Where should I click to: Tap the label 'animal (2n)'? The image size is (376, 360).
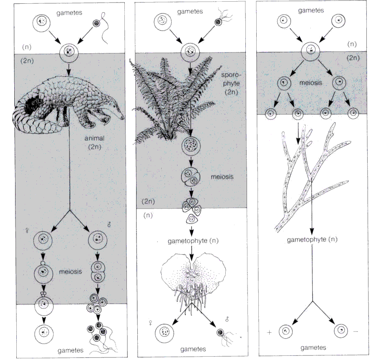[x=95, y=142]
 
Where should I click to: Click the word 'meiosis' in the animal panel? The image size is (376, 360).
[x=70, y=272]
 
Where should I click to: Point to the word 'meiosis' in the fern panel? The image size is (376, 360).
[x=222, y=177]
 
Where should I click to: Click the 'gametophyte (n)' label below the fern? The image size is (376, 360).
[x=193, y=241]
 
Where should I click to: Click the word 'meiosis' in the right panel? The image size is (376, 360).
[x=311, y=83]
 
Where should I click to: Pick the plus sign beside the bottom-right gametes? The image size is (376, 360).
[x=269, y=332]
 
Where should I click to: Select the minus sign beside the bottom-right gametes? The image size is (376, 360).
[x=355, y=332]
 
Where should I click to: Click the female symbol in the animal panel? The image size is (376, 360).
[x=27, y=231]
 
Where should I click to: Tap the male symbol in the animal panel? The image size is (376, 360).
[x=109, y=225]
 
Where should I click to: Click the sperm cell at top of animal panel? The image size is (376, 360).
[x=96, y=23]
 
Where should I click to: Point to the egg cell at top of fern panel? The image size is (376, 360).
[x=162, y=22]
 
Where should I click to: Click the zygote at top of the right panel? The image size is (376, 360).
[x=311, y=51]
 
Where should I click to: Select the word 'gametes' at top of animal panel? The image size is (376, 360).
[x=70, y=13]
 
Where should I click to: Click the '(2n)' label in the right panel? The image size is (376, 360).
[x=353, y=58]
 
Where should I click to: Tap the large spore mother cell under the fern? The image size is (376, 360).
[x=191, y=145]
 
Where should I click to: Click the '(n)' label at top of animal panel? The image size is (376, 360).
[x=27, y=47]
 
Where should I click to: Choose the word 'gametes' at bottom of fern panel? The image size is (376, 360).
[x=193, y=349]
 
